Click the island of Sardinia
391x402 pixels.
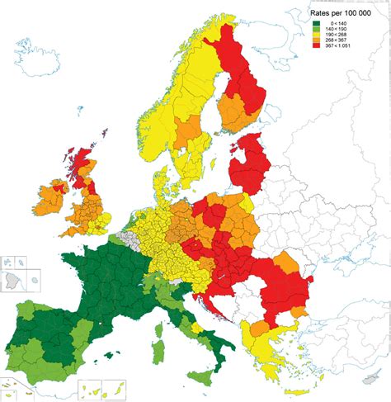(x=158, y=339)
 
